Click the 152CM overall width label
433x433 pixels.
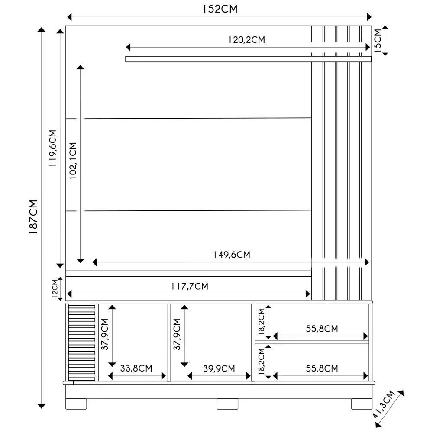[x=220, y=9]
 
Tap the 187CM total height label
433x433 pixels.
[x=34, y=217]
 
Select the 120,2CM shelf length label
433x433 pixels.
[x=246, y=40]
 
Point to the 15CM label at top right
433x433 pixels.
[x=378, y=41]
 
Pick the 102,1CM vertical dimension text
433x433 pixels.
[x=72, y=161]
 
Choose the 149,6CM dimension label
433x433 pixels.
[x=232, y=255]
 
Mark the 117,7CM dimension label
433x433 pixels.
[x=189, y=286]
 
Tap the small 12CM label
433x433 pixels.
[x=55, y=289]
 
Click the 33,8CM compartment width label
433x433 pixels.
[x=136, y=368]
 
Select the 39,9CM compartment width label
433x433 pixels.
[x=219, y=368]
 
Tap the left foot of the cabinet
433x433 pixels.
[x=77, y=404]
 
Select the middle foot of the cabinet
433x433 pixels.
[x=227, y=404]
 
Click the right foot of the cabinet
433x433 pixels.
[x=361, y=404]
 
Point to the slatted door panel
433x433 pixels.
[x=82, y=342]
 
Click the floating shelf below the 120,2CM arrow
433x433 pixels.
[x=248, y=59]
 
